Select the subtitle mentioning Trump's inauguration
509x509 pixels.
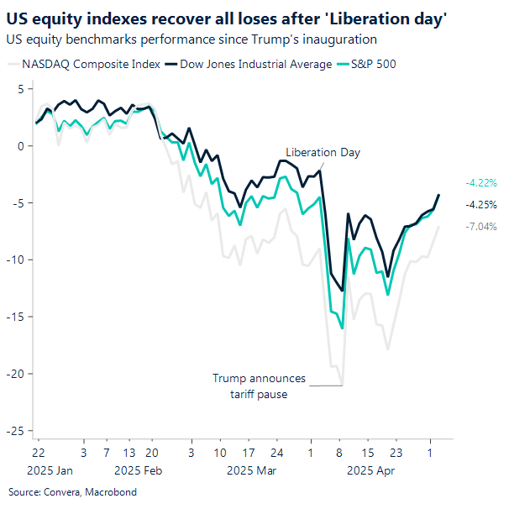tap(192, 39)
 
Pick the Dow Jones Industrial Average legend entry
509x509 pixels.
tap(249, 64)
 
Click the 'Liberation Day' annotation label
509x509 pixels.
tap(323, 152)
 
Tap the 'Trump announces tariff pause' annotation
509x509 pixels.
tap(259, 386)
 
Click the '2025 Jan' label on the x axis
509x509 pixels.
tap(51, 471)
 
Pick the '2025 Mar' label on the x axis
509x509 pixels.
tap(252, 471)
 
